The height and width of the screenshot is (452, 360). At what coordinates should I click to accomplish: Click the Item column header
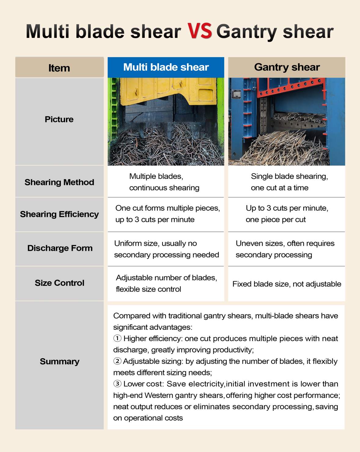click(x=59, y=68)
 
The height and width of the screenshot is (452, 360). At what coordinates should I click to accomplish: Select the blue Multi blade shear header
click(x=166, y=67)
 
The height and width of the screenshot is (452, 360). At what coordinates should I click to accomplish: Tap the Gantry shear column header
click(x=287, y=67)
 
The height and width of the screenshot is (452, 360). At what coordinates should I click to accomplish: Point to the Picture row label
click(x=59, y=119)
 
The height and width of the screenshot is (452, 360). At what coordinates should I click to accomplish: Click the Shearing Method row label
click(x=59, y=182)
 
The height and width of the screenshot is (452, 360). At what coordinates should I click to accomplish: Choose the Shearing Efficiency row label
click(x=59, y=214)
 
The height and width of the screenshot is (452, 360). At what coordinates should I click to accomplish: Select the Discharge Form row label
click(x=60, y=248)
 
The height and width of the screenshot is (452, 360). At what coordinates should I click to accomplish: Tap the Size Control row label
click(x=60, y=283)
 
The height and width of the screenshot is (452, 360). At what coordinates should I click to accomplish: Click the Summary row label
click(x=60, y=362)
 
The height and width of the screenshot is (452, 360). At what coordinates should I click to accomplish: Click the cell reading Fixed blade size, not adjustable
click(x=287, y=284)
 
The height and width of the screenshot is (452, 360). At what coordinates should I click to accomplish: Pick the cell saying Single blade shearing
click(x=289, y=182)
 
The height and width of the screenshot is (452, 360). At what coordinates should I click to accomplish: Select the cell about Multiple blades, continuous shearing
click(x=164, y=182)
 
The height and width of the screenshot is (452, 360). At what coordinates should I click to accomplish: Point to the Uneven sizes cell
click(x=285, y=249)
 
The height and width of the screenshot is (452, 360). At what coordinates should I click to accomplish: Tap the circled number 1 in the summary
click(x=117, y=339)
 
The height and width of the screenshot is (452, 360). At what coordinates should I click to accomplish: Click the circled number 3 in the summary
click(x=117, y=384)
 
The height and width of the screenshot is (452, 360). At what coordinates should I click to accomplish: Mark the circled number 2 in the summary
click(x=117, y=361)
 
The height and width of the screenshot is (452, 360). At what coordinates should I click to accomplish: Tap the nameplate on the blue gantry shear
click(x=236, y=94)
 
